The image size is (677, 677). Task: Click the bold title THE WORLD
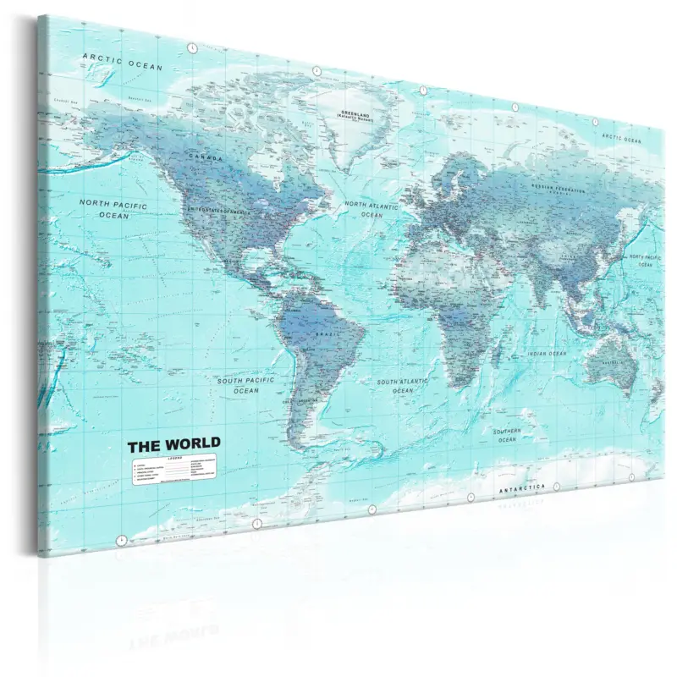[x=174, y=443]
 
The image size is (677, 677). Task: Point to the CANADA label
[x=207, y=158]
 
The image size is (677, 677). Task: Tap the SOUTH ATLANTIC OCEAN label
[x=403, y=386]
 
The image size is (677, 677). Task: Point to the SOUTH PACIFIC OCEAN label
[x=246, y=386]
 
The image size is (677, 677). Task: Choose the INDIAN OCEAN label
[x=546, y=354]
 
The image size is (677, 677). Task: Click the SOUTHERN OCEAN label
[x=507, y=435]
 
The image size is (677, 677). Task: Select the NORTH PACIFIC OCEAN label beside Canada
[x=113, y=210]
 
